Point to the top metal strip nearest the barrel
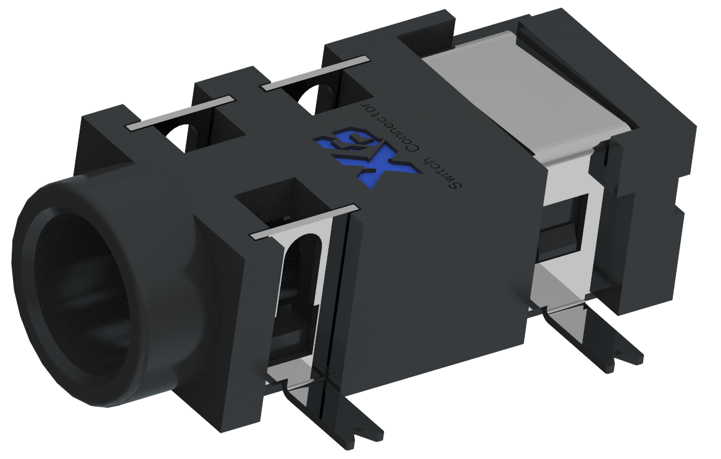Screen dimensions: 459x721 pyautogui.click(x=181, y=112)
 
